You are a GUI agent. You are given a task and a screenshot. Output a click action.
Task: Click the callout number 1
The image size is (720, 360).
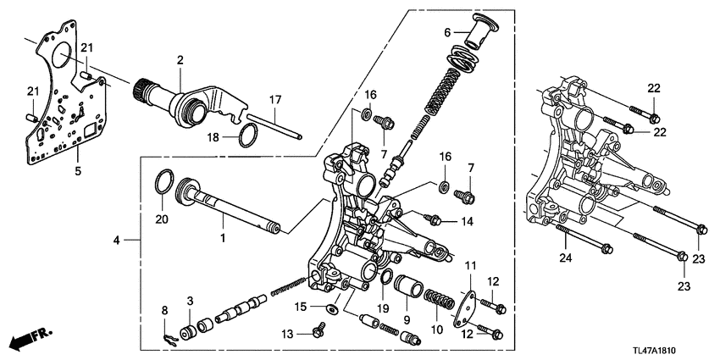tap(223, 240)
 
